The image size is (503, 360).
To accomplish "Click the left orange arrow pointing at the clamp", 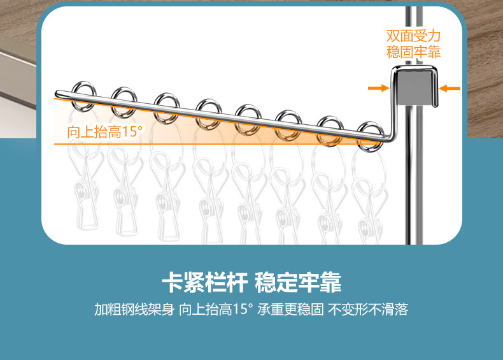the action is pyautogui.click(x=378, y=89).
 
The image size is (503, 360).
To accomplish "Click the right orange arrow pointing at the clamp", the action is pyautogui.click(x=450, y=89).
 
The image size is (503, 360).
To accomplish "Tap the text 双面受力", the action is pyautogui.click(x=414, y=36).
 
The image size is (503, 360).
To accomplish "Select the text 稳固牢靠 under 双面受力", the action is pyautogui.click(x=414, y=52).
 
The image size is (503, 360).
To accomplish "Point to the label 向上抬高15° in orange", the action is pyautogui.click(x=106, y=133).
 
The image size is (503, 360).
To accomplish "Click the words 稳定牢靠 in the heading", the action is pyautogui.click(x=298, y=282).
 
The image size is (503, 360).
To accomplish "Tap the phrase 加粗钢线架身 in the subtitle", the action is pyautogui.click(x=134, y=310).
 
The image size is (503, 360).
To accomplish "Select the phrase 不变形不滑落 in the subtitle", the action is pyautogui.click(x=368, y=310).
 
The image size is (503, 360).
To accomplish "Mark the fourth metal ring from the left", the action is pyautogui.click(x=208, y=112).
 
